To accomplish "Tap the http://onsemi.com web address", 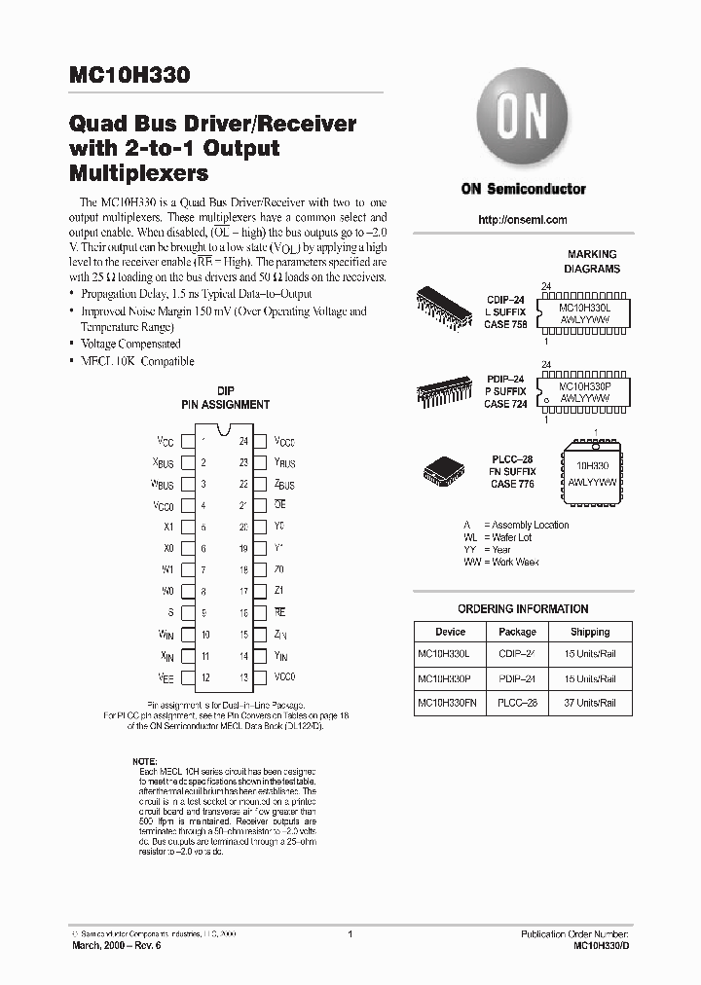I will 523,220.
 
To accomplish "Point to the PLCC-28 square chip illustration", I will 444,472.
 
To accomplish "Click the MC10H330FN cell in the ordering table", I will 450,702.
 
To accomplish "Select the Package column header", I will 517,632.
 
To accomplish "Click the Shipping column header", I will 590,632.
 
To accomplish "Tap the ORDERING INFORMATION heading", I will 523,609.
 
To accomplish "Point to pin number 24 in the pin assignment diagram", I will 242,440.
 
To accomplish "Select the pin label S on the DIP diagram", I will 170,612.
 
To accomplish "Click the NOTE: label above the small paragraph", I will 143,760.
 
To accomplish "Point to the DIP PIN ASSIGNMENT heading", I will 226,397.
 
